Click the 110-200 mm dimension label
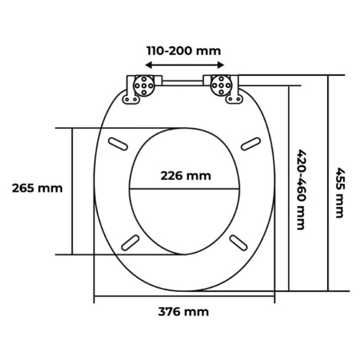coord(184,51)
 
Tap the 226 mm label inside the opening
coord(186,176)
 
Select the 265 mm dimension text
coord(38,188)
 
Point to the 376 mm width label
coord(184,312)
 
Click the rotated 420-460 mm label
coord(302,190)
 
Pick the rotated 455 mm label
coord(340,193)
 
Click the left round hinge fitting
coord(144,86)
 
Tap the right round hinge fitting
coord(221,86)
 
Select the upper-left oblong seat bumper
coord(118,144)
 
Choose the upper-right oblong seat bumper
coord(250,144)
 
